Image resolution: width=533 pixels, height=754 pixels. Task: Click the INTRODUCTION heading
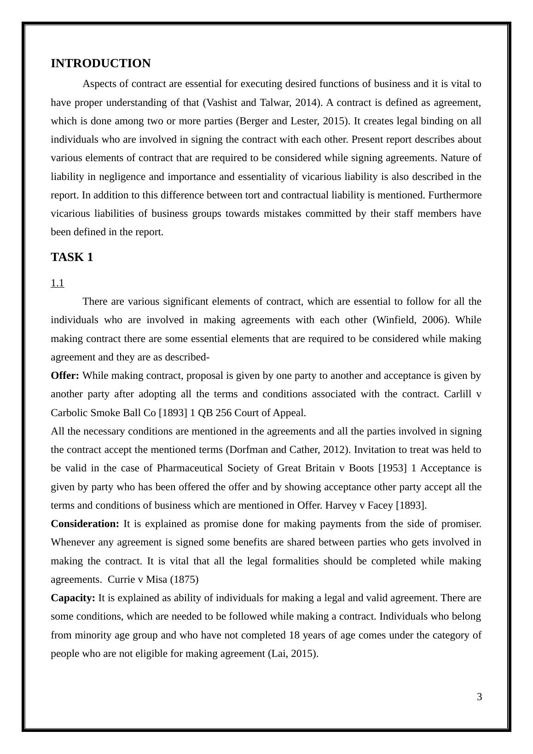tap(100, 64)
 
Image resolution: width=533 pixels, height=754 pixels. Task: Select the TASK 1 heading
tap(72, 257)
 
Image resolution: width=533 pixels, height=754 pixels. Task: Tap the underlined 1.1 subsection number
tap(57, 283)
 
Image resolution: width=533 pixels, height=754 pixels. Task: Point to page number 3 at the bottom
tap(479, 697)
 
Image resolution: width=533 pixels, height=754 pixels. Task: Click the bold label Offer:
tap(65, 376)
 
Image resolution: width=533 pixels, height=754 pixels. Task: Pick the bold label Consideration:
tap(85, 524)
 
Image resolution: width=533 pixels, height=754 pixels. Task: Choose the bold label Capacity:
tap(73, 598)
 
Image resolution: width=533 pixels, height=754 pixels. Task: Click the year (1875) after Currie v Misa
tap(184, 580)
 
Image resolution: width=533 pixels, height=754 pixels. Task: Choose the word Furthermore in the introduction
tap(454, 195)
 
